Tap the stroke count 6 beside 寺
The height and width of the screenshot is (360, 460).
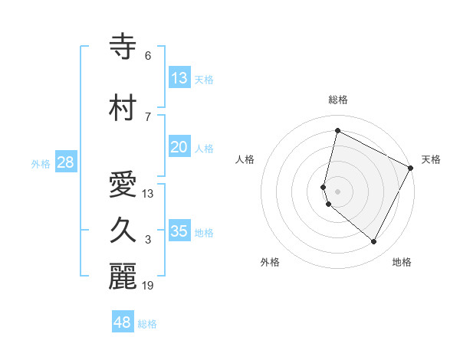[148, 55]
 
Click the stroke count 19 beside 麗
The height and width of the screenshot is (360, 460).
[149, 286]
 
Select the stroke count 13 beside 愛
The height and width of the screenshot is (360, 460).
[149, 193]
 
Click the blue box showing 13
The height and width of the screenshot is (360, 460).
[179, 77]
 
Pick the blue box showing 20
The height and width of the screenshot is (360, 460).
[179, 147]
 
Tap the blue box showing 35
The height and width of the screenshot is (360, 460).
[179, 231]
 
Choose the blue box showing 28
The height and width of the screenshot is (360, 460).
[65, 162]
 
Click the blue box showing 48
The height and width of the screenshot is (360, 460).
[122, 322]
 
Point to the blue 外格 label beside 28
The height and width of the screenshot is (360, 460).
[41, 163]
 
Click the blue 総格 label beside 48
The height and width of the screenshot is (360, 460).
[148, 324]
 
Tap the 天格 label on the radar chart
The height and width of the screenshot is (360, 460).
[431, 159]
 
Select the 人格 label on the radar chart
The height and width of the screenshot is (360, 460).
[245, 159]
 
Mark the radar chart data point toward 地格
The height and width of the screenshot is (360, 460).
[373, 242]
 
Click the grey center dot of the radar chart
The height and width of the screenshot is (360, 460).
[337, 191]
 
